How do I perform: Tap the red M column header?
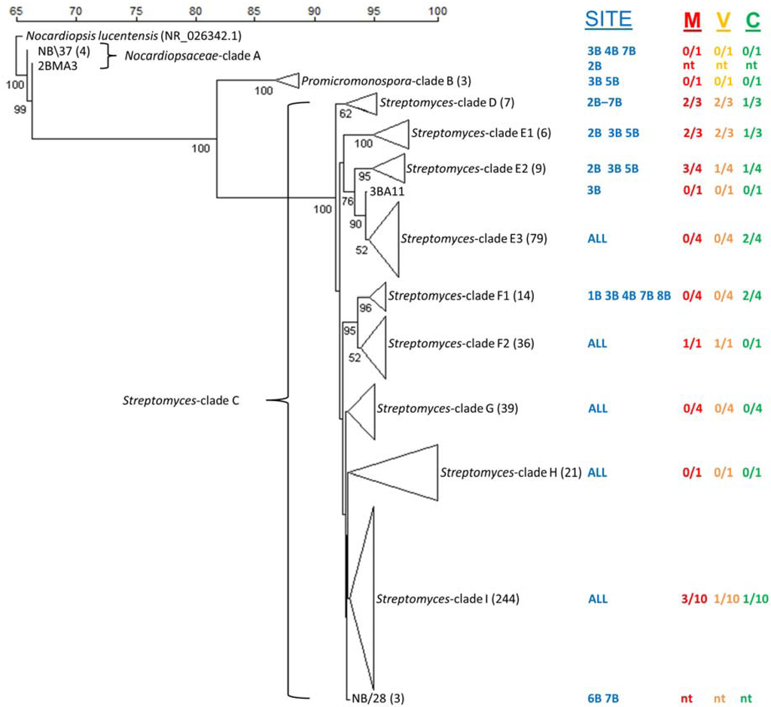[x=691, y=22]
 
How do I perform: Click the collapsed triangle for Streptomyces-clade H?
[x=400, y=472]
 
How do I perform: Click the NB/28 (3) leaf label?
[x=376, y=697]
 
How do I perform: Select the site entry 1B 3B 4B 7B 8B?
[x=629, y=296]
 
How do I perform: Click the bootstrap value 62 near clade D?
[x=346, y=114]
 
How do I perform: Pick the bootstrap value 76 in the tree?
[x=348, y=201]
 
